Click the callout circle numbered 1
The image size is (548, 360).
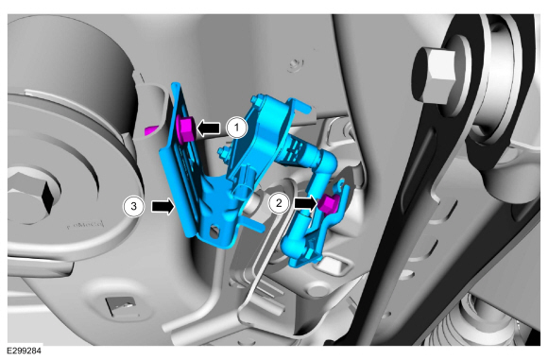point(236,128)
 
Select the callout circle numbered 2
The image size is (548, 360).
point(279,203)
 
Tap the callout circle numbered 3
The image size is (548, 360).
point(133,206)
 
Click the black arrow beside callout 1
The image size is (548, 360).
point(209,128)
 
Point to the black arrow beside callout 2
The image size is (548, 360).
point(306,203)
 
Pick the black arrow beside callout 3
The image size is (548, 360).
point(163,206)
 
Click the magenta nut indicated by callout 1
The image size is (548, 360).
point(185,129)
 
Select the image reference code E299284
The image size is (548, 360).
point(25,351)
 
